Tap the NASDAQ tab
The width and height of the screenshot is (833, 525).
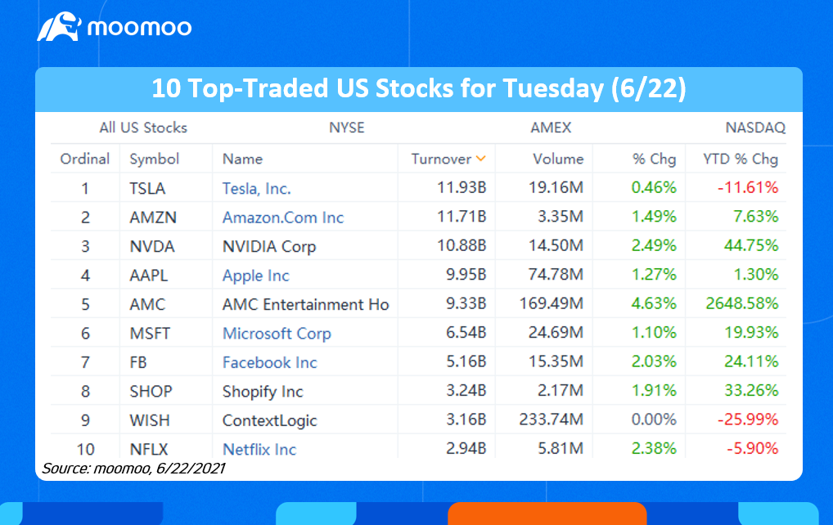pos(754,128)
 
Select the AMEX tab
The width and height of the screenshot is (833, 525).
pos(550,128)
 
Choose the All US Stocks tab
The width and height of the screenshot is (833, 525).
pos(143,128)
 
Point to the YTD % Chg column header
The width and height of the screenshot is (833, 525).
pos(741,159)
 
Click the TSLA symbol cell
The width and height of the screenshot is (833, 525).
pos(147,188)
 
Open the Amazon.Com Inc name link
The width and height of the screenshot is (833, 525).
pos(283,218)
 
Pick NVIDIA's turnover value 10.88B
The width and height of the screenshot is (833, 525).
pos(462,246)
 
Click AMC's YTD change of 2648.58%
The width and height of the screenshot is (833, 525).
pos(741,304)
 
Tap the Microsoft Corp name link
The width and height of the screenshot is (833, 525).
pos(277,334)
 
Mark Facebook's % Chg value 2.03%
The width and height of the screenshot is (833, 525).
pos(654,362)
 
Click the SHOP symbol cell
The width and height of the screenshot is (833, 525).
pos(151,392)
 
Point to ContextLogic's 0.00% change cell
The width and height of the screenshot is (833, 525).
pos(654,420)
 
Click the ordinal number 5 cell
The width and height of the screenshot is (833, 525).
pos(84,304)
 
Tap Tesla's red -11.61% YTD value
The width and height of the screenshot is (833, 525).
pos(748,188)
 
